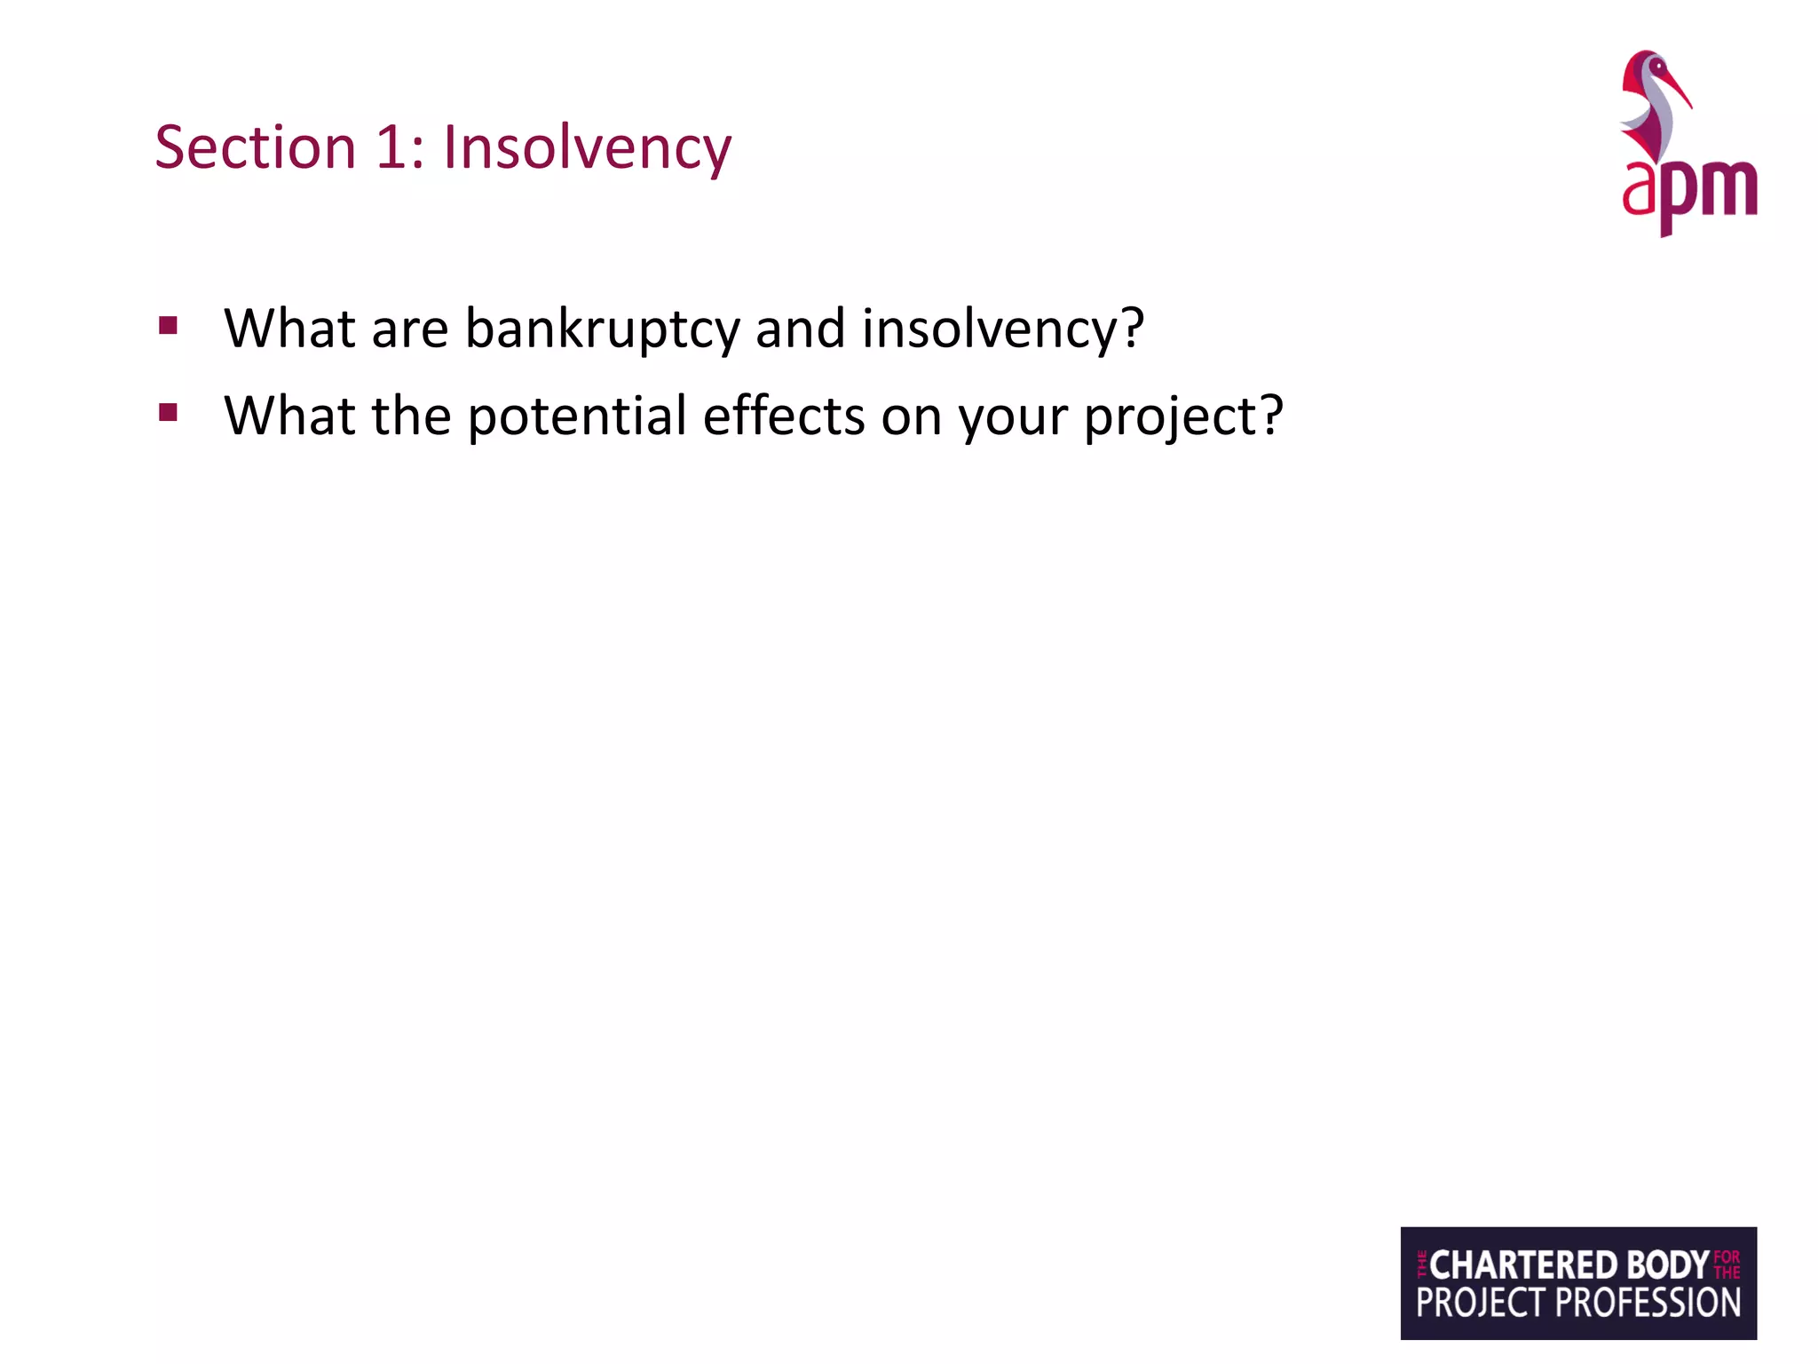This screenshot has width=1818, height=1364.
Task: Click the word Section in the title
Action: [255, 147]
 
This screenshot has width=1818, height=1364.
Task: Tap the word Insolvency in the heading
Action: [587, 147]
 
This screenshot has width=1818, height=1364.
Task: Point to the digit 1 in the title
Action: [391, 147]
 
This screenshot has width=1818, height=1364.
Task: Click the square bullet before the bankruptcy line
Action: [168, 325]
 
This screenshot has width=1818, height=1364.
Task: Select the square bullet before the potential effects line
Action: [168, 412]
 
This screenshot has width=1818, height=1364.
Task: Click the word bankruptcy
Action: [602, 329]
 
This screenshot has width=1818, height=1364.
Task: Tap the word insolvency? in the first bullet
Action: [1003, 329]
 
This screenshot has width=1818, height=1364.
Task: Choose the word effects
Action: [783, 416]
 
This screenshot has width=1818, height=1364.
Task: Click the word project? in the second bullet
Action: [1183, 416]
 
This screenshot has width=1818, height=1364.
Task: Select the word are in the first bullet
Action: [410, 329]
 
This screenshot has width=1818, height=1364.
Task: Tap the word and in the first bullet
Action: [800, 329]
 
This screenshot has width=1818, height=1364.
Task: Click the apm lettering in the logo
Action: [1689, 191]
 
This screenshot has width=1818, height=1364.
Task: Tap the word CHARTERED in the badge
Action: [1523, 1265]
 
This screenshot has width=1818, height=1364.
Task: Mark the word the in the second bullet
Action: [411, 416]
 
